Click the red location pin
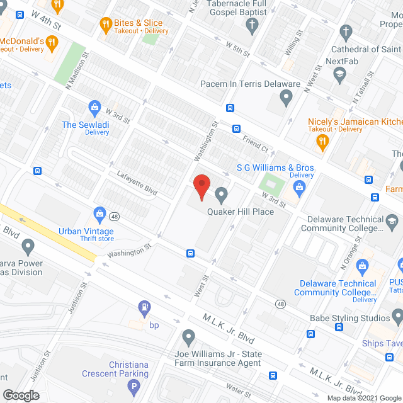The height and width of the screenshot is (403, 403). pyautogui.click(x=201, y=186)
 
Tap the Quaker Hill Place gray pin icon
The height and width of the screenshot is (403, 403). pyautogui.click(x=221, y=193)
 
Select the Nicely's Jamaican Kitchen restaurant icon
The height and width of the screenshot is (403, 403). pyautogui.click(x=323, y=142)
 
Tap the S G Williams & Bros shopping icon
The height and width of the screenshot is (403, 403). pyautogui.click(x=300, y=186)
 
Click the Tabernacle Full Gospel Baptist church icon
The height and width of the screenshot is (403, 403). pyautogui.click(x=252, y=26)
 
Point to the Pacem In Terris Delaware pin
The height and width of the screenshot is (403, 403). pyautogui.click(x=287, y=98)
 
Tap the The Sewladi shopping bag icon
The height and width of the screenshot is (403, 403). pyautogui.click(x=95, y=108)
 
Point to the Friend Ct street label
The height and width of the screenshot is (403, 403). pyautogui.click(x=256, y=145)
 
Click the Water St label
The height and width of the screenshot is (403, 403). pyautogui.click(x=239, y=389)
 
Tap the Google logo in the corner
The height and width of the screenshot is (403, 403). pyautogui.click(x=21, y=395)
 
